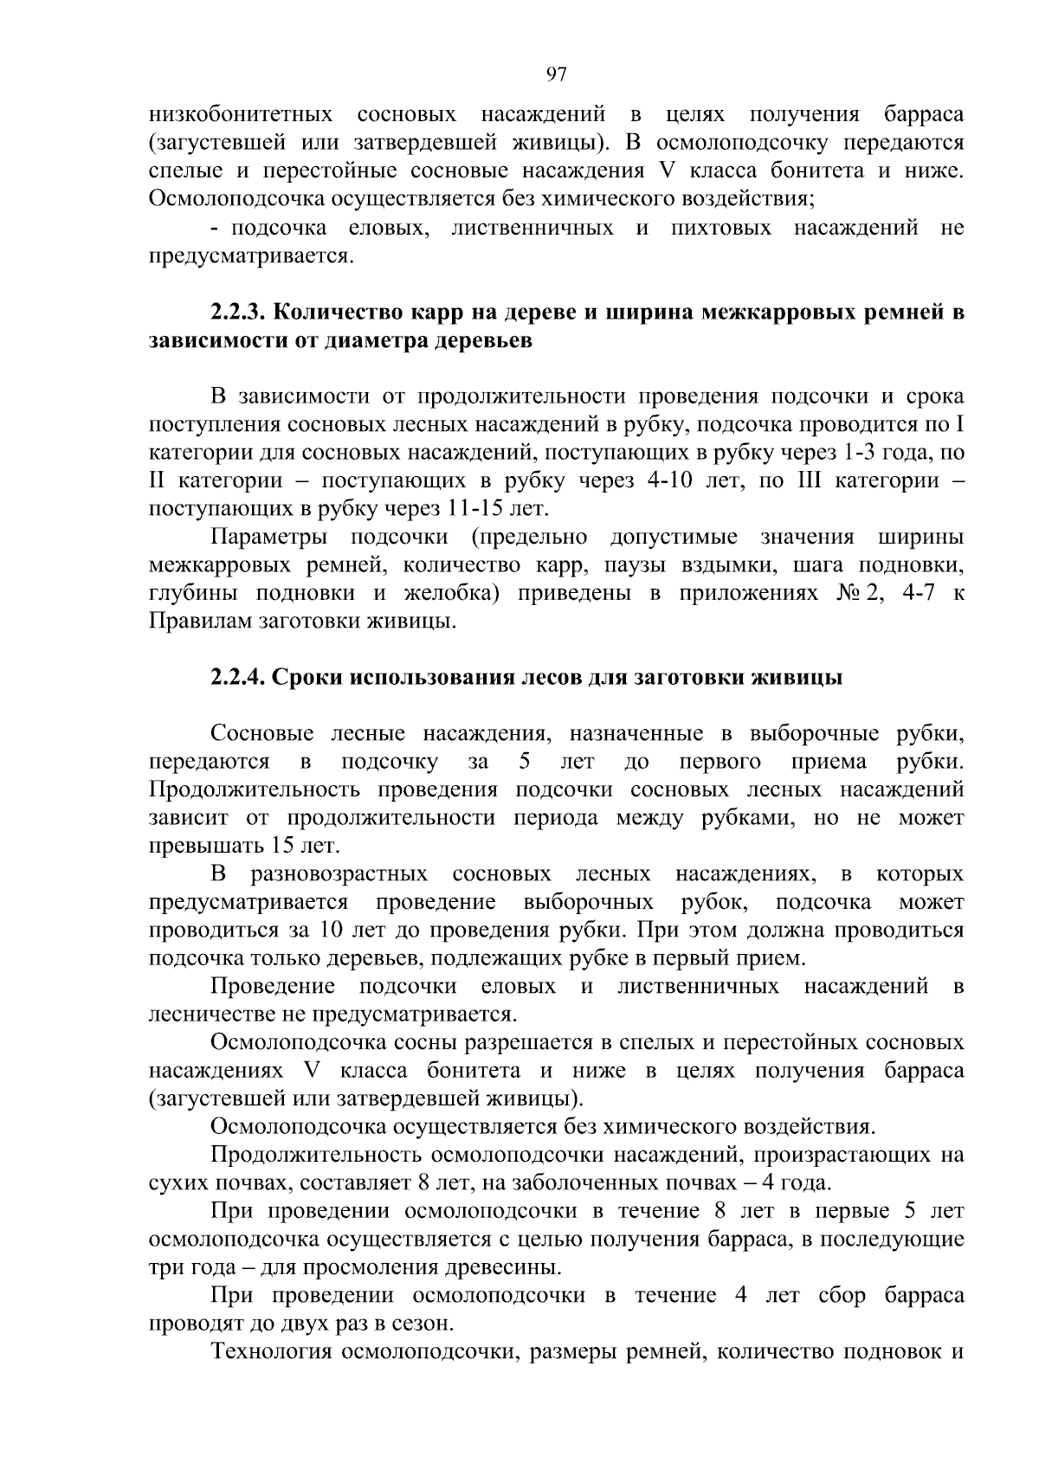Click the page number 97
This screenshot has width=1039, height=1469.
pos(557,74)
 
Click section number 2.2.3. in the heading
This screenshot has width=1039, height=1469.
pos(242,312)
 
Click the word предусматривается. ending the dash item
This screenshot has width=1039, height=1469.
pos(252,256)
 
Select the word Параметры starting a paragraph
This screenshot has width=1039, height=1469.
pos(268,537)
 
